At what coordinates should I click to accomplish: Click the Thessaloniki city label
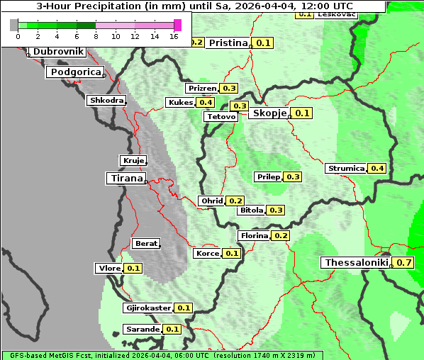(357, 263)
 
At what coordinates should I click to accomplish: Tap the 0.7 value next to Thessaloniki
(404, 263)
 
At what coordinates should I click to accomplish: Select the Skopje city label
(269, 113)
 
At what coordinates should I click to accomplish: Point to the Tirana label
(125, 179)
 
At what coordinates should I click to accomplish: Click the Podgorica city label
(75, 72)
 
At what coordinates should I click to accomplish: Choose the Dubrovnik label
(58, 52)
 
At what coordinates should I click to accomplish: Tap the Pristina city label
(228, 43)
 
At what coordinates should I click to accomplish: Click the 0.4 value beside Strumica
(377, 169)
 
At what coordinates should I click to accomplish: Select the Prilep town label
(269, 176)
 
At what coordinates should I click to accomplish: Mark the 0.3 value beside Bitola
(276, 210)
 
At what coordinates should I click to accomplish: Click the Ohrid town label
(212, 201)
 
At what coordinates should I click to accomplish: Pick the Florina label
(254, 235)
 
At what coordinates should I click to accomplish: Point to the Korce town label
(207, 253)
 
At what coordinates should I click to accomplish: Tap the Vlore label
(108, 268)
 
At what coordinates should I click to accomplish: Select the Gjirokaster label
(148, 308)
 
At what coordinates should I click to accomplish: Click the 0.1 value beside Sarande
(172, 330)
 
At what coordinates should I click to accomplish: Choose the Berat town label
(146, 244)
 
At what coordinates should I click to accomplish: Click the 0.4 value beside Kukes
(206, 103)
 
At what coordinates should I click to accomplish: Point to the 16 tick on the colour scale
(174, 35)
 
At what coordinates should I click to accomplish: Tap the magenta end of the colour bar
(177, 25)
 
